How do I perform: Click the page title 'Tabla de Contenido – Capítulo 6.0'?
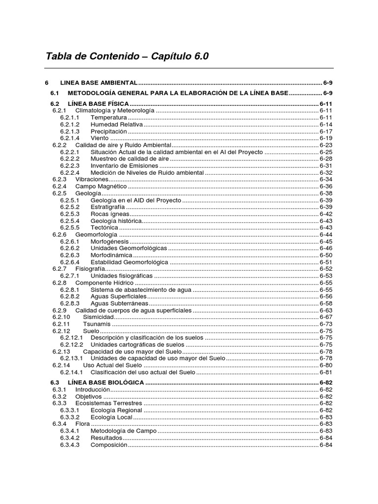click(x=127, y=57)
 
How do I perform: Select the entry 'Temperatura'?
click(x=109, y=118)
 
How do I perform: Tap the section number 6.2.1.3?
click(x=70, y=132)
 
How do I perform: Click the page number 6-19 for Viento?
click(x=326, y=139)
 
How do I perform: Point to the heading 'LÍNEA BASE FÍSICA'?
click(x=98, y=104)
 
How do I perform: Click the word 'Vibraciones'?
click(x=92, y=180)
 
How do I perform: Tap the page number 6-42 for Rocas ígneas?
click(x=326, y=214)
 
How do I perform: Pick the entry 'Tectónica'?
click(x=104, y=228)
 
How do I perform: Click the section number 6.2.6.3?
click(x=70, y=255)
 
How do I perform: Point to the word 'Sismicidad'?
click(x=98, y=317)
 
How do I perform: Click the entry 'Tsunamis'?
click(x=96, y=324)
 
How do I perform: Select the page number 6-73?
click(x=326, y=324)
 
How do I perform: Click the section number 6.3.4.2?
click(x=70, y=438)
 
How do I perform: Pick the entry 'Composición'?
click(x=109, y=445)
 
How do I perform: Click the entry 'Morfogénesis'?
click(x=110, y=242)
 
